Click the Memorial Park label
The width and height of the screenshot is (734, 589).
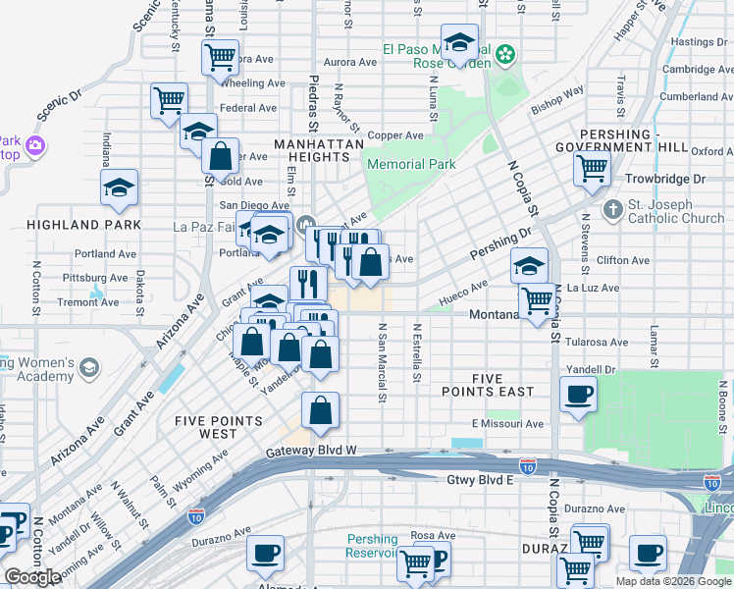click(x=411, y=165)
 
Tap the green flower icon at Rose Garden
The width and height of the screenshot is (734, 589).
click(x=505, y=55)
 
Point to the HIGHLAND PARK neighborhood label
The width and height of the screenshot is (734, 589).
click(x=83, y=225)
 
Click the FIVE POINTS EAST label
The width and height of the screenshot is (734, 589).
click(x=488, y=384)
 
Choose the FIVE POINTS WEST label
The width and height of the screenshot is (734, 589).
click(x=219, y=427)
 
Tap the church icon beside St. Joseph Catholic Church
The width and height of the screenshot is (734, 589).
click(x=613, y=210)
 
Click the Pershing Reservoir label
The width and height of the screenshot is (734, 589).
click(x=372, y=546)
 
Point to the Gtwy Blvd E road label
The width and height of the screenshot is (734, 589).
click(x=481, y=479)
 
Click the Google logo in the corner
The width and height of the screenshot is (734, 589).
click(x=32, y=576)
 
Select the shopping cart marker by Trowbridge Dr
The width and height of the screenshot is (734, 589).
click(x=593, y=168)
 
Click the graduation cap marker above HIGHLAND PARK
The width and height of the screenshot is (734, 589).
click(x=120, y=187)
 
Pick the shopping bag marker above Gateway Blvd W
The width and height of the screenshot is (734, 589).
click(x=320, y=411)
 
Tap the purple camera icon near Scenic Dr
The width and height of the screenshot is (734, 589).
click(x=36, y=146)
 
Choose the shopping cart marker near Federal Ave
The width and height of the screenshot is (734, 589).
click(x=169, y=99)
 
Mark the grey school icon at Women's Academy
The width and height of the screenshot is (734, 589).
click(x=89, y=367)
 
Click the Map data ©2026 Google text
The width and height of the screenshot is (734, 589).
click(x=673, y=580)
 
